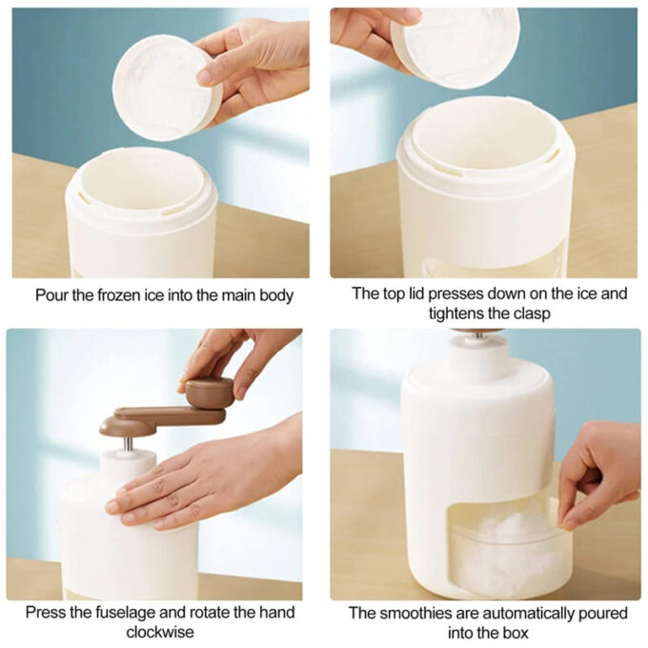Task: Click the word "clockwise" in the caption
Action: [160, 633]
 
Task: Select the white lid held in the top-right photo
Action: [455, 47]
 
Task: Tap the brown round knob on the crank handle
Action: [209, 392]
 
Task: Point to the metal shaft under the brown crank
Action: [129, 444]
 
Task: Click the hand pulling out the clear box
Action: [599, 476]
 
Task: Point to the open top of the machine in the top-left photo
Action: [141, 182]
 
